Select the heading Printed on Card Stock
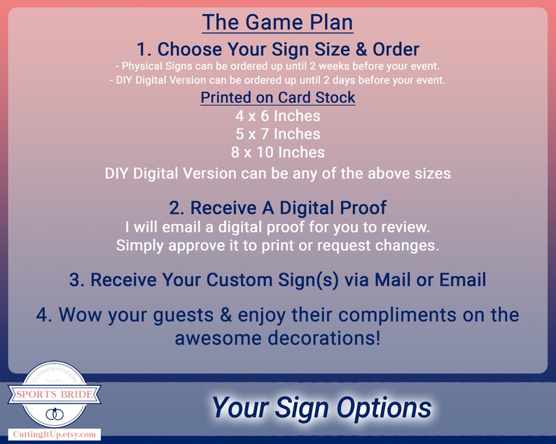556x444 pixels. tap(278, 97)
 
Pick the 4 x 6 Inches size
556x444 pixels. tap(278, 116)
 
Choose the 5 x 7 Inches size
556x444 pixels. tap(278, 134)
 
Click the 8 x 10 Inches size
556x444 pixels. tap(278, 152)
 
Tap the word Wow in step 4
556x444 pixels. tap(78, 315)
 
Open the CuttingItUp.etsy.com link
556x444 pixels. tap(55, 435)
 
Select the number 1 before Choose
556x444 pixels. tap(143, 50)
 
